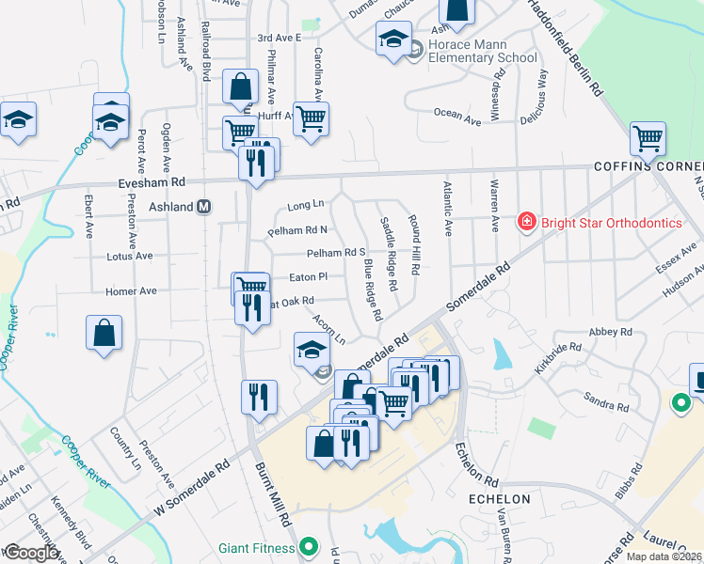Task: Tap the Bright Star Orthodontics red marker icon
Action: point(526,223)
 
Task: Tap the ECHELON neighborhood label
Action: point(499,499)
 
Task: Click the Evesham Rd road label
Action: point(152,181)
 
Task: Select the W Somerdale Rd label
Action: point(194,490)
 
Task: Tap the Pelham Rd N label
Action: point(297,229)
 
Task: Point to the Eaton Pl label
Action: point(308,277)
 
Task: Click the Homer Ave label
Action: point(131,291)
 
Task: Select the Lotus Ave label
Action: point(130,256)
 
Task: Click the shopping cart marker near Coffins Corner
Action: point(648,140)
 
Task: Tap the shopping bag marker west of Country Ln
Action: point(104,335)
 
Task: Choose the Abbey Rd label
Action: point(610,333)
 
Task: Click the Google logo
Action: point(31,553)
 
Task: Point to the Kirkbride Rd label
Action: point(558,359)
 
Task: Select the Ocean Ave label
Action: point(457,114)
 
